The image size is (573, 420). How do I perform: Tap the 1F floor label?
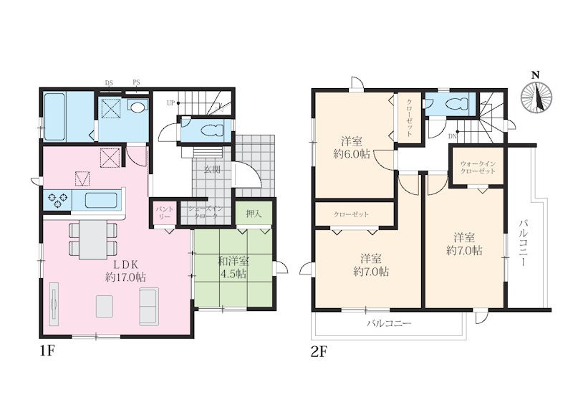47,351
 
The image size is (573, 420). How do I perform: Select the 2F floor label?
319,352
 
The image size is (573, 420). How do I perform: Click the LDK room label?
125,264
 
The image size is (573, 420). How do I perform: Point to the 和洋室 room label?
233,261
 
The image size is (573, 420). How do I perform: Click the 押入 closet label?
254,214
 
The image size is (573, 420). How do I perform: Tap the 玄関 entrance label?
212,170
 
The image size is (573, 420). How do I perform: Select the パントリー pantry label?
164,213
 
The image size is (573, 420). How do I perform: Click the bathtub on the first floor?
54,117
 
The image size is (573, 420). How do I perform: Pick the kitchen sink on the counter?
101,200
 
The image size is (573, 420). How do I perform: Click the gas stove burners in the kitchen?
58,200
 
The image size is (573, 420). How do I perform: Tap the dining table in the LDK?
93,239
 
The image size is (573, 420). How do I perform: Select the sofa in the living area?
149,306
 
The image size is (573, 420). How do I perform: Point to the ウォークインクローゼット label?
478,168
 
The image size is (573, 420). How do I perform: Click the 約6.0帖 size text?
351,154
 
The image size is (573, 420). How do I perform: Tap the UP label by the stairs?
170,103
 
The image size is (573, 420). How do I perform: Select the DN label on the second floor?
453,136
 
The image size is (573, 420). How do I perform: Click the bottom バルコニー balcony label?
389,323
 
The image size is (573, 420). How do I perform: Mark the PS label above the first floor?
136,82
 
